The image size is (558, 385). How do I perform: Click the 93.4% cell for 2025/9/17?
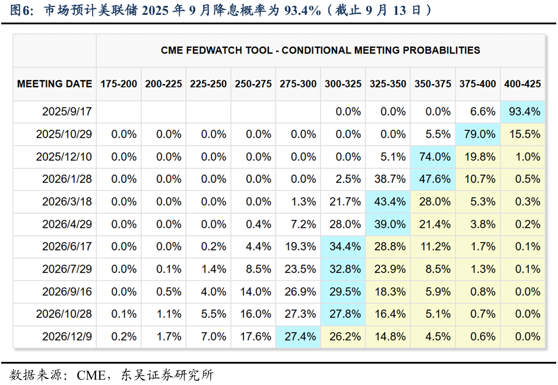(x=523, y=112)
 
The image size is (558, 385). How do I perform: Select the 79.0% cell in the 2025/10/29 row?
(x=478, y=134)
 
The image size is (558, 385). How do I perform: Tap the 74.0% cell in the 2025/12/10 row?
(x=433, y=157)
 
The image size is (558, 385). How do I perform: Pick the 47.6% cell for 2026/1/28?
(x=433, y=179)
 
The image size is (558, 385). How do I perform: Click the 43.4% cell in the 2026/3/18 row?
(x=388, y=202)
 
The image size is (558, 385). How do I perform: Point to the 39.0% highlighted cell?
(x=388, y=224)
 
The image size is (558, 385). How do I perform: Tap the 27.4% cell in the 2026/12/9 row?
(x=299, y=336)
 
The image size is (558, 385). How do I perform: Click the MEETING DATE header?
(x=55, y=84)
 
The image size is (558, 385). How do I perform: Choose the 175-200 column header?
(x=119, y=84)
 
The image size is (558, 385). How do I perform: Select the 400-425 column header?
(x=522, y=84)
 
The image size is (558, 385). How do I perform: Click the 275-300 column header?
(x=298, y=84)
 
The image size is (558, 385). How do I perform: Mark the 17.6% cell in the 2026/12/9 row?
(x=253, y=336)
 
